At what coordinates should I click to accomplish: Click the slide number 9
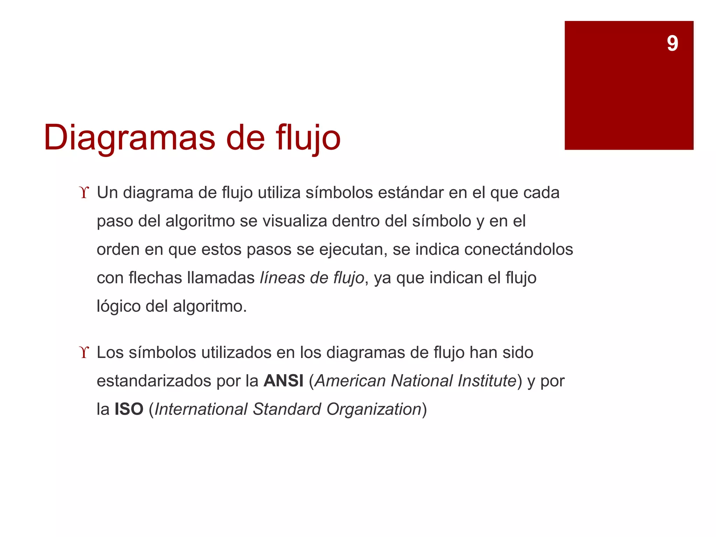tap(672, 44)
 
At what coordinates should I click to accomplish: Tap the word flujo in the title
tap(308, 138)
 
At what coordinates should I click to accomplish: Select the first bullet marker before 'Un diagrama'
tap(84, 193)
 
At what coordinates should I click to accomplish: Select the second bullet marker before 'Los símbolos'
tap(84, 352)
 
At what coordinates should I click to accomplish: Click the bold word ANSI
tap(284, 381)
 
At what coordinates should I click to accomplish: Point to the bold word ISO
tap(129, 409)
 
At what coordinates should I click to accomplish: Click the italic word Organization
tap(374, 409)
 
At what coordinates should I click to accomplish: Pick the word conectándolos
tap(518, 250)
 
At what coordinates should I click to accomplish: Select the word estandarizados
tap(154, 381)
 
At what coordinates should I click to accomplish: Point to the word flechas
tap(155, 278)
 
